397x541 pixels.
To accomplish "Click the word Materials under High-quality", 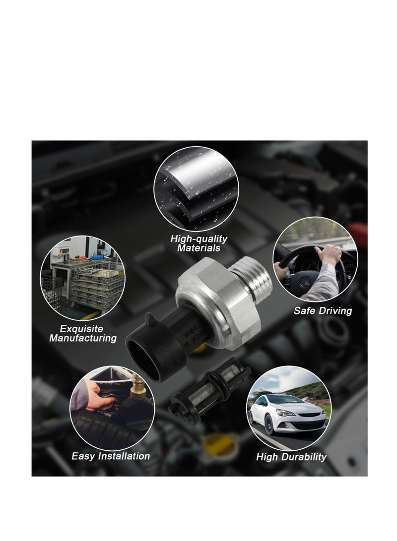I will click(x=198, y=248).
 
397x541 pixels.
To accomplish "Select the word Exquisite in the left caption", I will click(x=81, y=328).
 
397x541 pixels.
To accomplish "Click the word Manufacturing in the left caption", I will click(x=83, y=338).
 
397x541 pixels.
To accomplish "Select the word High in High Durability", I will click(x=266, y=457).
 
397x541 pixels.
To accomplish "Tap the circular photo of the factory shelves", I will click(x=82, y=278).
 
